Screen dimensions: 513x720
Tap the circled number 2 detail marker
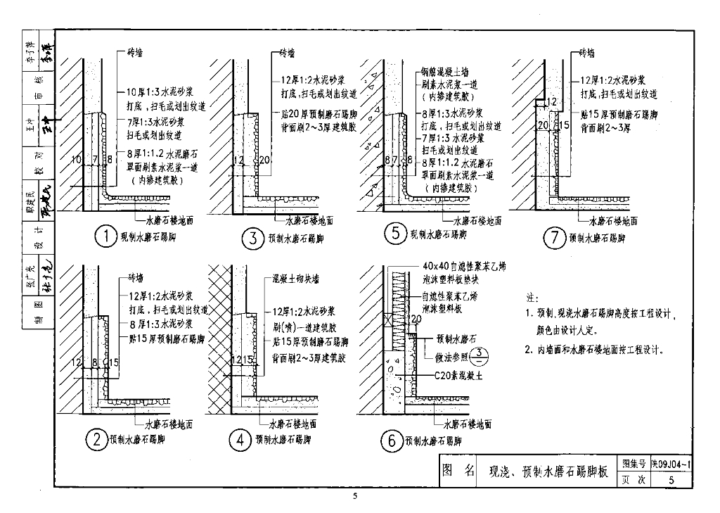[96, 441]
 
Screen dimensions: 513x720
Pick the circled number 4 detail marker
[240, 441]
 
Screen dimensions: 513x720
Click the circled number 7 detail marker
[553, 238]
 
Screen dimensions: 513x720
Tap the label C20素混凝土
[459, 375]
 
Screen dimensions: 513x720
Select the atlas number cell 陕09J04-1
[672, 465]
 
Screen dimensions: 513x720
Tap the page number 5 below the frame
[355, 497]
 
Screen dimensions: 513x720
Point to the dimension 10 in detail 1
[77, 160]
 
